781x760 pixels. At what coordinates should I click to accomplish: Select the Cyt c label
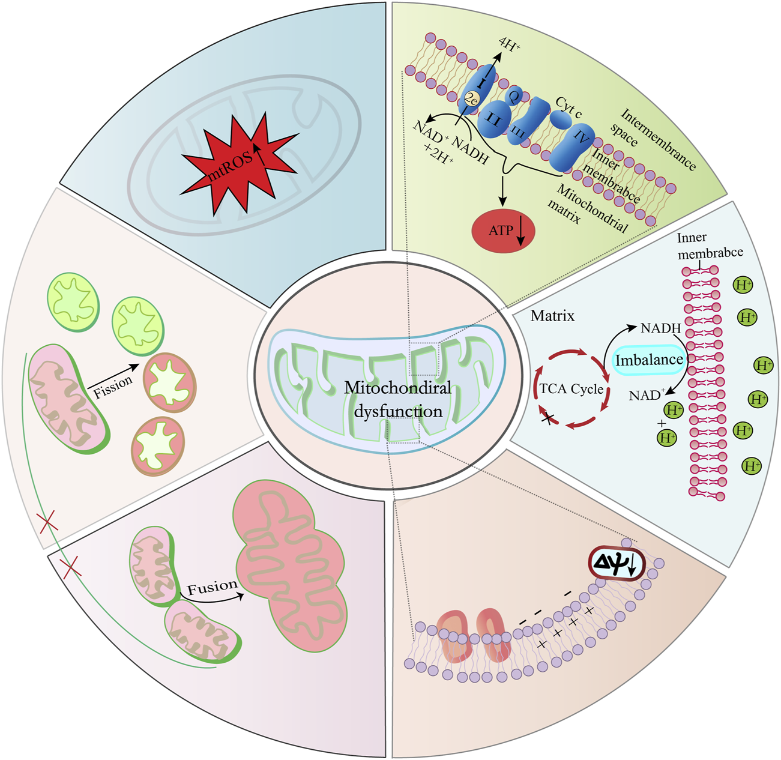click(x=568, y=107)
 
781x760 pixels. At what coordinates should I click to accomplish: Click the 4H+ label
click(x=508, y=44)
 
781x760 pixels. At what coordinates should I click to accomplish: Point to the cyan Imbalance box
click(x=649, y=360)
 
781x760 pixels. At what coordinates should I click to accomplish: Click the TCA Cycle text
click(x=571, y=389)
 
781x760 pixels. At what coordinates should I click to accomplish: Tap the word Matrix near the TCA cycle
click(x=552, y=316)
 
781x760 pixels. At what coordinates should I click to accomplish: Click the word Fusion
click(x=212, y=587)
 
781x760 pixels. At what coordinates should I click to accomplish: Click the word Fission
click(x=113, y=387)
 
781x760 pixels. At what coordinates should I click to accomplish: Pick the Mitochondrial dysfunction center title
click(x=397, y=399)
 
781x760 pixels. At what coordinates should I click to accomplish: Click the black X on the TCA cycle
click(x=547, y=418)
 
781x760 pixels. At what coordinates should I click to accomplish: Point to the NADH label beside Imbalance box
click(x=660, y=328)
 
